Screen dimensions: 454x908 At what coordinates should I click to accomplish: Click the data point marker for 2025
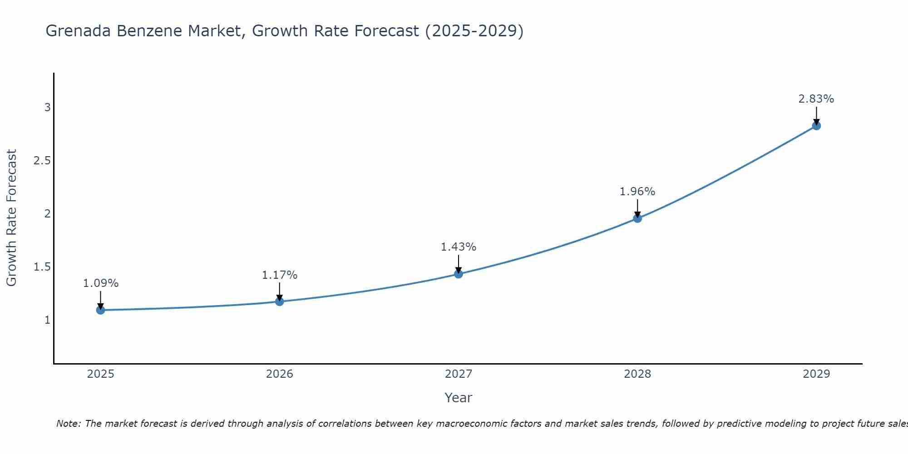[x=101, y=310]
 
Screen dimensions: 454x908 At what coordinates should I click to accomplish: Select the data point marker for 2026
[x=280, y=301]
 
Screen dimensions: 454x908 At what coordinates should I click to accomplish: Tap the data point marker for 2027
[x=459, y=274]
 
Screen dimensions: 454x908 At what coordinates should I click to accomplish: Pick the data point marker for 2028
[x=637, y=218]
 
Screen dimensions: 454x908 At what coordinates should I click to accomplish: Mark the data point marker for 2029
[x=816, y=126]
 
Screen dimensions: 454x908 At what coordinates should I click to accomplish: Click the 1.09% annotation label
[x=101, y=283]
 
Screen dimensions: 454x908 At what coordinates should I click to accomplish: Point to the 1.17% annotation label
[x=280, y=275]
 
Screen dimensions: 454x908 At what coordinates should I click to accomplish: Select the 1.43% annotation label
[x=459, y=247]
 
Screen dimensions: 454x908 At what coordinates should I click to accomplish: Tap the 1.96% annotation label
[x=637, y=192]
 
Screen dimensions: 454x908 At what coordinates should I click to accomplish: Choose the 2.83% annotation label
[x=816, y=99]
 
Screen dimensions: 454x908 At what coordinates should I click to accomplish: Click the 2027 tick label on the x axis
[x=459, y=374]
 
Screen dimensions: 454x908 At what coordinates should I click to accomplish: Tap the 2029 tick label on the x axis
[x=816, y=374]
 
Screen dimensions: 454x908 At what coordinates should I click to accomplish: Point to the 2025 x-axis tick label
[x=101, y=374]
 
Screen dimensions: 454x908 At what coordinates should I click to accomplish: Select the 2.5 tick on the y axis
[x=42, y=161]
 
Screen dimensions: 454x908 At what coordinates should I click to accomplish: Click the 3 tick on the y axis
[x=47, y=108]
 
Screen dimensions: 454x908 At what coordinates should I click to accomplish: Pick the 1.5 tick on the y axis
[x=42, y=267]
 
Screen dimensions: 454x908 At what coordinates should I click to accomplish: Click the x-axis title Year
[x=459, y=398]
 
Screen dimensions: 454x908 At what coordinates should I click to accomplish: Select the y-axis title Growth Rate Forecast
[x=12, y=218]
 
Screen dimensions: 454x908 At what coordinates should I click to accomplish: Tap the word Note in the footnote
[x=68, y=424]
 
